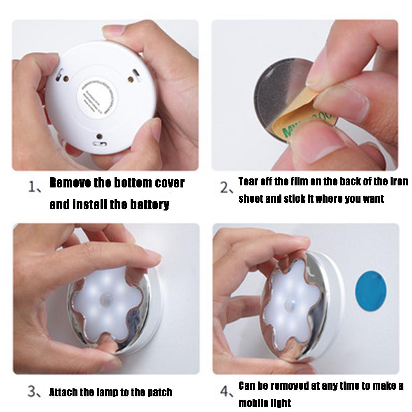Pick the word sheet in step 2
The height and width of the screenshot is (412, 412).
(x=250, y=199)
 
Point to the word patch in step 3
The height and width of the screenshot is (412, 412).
(x=159, y=392)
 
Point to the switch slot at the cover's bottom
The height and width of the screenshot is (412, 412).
(x=100, y=144)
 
